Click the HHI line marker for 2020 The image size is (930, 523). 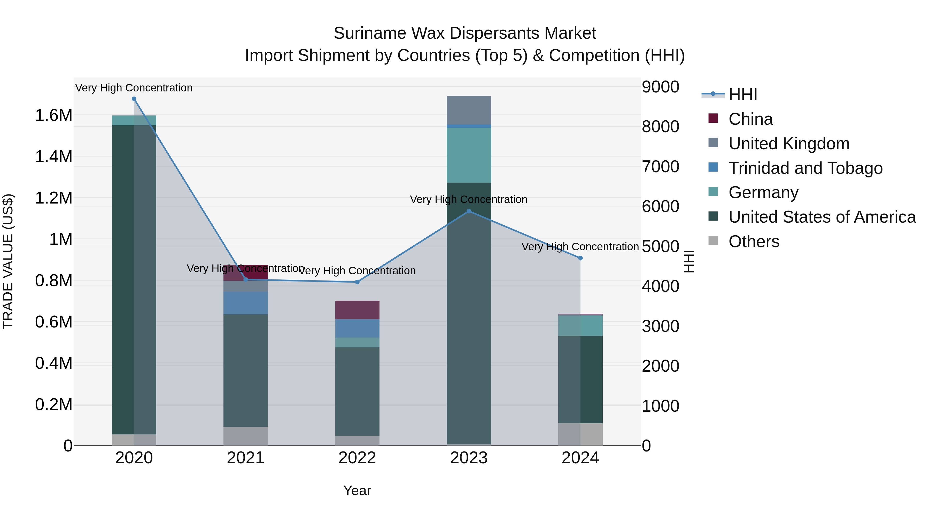pyautogui.click(x=134, y=99)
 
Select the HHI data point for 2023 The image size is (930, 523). pyautogui.click(x=469, y=211)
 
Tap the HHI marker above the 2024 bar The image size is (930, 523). pyautogui.click(x=580, y=258)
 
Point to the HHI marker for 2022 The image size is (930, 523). pyautogui.click(x=357, y=282)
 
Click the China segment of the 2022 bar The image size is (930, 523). pyautogui.click(x=357, y=310)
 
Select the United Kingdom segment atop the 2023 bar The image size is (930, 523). pyautogui.click(x=469, y=110)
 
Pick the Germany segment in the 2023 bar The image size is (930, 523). pyautogui.click(x=469, y=155)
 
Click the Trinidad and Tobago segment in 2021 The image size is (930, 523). pyautogui.click(x=245, y=303)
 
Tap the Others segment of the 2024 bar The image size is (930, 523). pyautogui.click(x=580, y=434)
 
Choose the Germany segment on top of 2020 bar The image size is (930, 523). pyautogui.click(x=134, y=120)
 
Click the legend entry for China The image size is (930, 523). pyautogui.click(x=750, y=119)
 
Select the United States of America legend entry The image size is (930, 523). pyautogui.click(x=822, y=217)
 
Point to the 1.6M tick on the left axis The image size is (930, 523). pyautogui.click(x=53, y=115)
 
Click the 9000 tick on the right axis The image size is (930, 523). pyautogui.click(x=660, y=87)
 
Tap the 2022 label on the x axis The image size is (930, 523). pyautogui.click(x=357, y=458)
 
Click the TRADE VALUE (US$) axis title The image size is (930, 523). pyautogui.click(x=8, y=261)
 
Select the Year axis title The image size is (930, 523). pyautogui.click(x=357, y=490)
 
